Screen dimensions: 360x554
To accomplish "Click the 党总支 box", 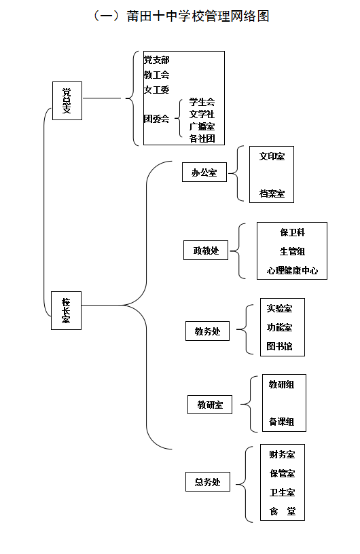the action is tap(67, 100).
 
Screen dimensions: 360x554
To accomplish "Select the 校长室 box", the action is tap(66, 310).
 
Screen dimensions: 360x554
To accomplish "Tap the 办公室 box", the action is tap(204, 172).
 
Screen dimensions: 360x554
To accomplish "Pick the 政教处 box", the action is tap(206, 250).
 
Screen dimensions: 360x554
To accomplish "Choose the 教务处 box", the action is tap(208, 331).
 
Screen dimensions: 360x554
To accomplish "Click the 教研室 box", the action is tap(210, 405).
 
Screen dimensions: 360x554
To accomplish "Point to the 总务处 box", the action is tap(208, 481).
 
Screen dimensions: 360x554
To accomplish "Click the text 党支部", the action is tap(156, 60).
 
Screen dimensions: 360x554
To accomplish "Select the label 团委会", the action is tap(156, 119).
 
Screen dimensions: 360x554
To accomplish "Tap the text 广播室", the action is tap(202, 126).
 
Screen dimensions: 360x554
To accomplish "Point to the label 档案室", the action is tap(272, 193).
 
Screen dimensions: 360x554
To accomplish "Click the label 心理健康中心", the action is tap(292, 271).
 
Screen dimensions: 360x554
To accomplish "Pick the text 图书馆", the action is tap(279, 346).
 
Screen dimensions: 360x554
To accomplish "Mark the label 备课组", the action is tap(281, 422).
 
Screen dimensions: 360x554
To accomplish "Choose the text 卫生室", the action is tap(282, 492).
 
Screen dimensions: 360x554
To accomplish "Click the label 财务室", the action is tap(282, 454).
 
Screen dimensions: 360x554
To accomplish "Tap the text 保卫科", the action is tap(292, 232).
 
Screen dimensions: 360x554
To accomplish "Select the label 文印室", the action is tap(272, 156).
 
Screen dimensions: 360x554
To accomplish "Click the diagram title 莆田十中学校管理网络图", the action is tap(198, 16).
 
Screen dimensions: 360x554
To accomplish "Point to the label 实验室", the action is tap(279, 308).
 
